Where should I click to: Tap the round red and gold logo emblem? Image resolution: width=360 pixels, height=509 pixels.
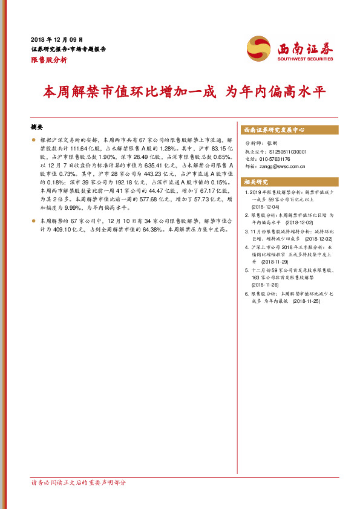[x=259, y=47]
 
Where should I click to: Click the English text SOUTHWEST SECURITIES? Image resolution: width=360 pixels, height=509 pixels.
[x=305, y=59]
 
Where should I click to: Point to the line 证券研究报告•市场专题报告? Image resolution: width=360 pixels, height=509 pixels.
[x=68, y=50]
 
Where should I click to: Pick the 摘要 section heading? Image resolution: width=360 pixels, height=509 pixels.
[x=37, y=128]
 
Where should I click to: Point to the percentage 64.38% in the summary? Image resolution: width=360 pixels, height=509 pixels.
[x=139, y=230]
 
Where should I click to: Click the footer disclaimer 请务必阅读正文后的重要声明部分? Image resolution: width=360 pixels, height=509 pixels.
[x=79, y=482]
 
